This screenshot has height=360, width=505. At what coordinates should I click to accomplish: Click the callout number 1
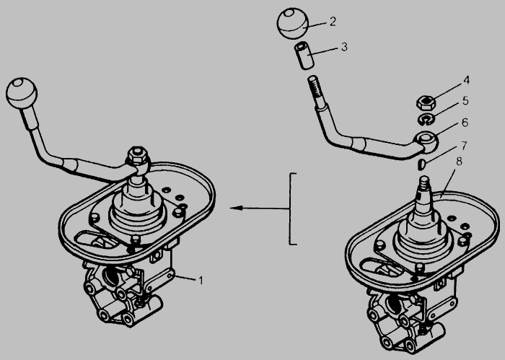[201, 281]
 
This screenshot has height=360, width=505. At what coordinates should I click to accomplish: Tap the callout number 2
[333, 22]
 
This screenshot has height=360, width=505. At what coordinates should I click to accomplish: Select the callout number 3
[344, 47]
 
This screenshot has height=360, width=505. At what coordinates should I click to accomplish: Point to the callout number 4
[466, 80]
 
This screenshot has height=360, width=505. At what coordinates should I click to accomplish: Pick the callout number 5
[465, 101]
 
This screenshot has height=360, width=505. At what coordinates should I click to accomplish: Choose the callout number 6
[465, 123]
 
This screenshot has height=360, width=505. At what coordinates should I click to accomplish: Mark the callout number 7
[464, 146]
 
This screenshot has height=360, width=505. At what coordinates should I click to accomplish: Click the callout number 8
[459, 162]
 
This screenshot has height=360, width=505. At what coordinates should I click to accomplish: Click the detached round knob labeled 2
[293, 24]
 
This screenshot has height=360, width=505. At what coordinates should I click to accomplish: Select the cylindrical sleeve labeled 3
[304, 56]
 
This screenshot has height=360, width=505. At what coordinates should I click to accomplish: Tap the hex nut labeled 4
[426, 102]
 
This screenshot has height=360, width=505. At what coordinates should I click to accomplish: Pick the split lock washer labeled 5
[426, 120]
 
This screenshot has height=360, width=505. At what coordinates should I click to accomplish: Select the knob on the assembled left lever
[22, 93]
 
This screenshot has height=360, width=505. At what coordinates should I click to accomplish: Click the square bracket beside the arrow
[291, 208]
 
